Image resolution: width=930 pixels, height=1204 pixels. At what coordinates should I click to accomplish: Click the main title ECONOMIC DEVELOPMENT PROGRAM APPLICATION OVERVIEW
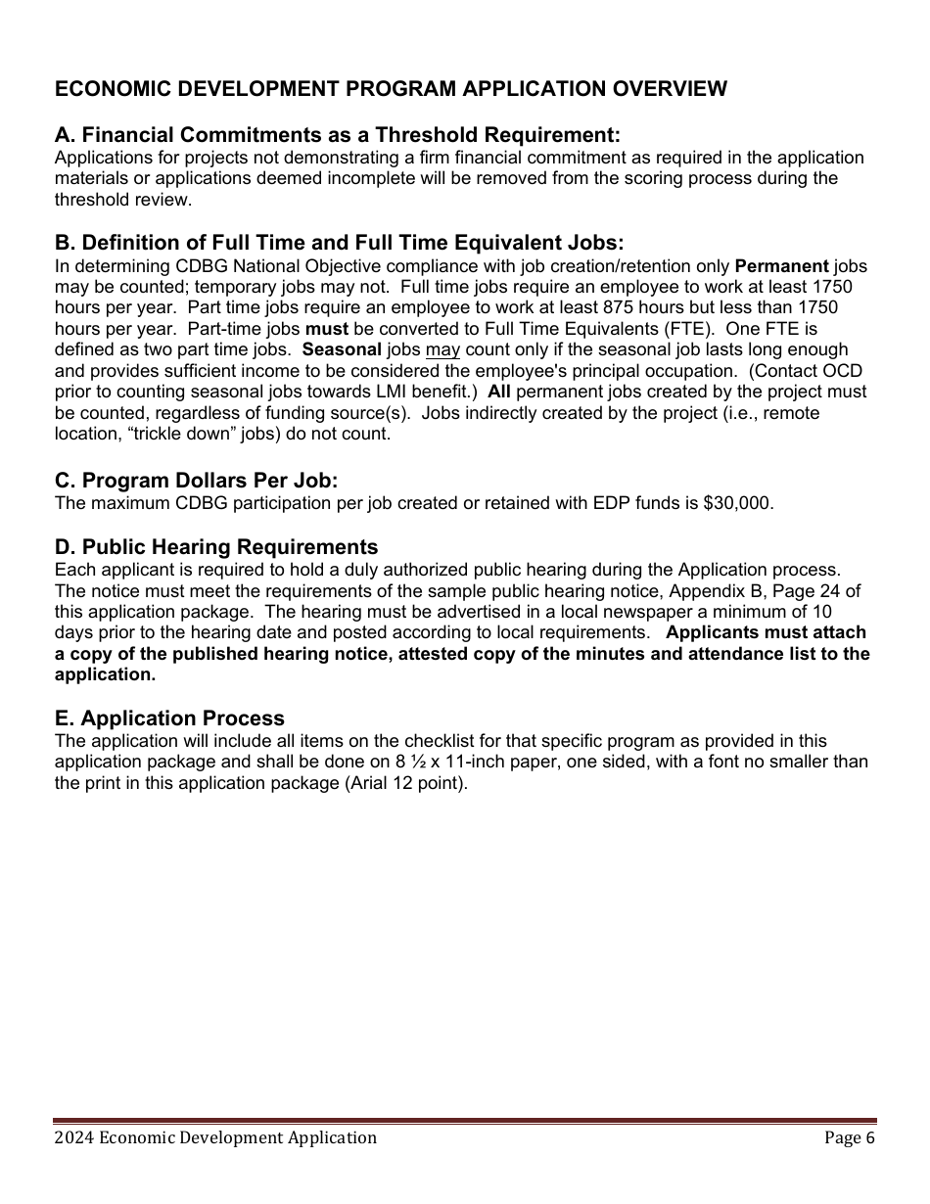[391, 89]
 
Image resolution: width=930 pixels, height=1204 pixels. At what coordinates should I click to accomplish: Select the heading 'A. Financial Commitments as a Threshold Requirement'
[338, 135]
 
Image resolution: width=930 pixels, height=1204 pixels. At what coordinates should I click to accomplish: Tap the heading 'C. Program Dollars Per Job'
[196, 481]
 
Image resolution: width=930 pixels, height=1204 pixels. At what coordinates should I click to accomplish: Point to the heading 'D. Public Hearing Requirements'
[216, 547]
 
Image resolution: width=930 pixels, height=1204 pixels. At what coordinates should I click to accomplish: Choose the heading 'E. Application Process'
[169, 718]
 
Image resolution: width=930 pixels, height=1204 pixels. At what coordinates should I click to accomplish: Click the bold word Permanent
[781, 266]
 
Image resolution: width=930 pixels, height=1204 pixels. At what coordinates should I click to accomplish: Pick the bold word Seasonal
[342, 349]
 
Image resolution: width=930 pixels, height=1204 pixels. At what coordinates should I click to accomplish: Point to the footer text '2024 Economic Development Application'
[215, 1137]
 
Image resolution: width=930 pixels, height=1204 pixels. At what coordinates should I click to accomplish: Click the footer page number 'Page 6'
[849, 1137]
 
